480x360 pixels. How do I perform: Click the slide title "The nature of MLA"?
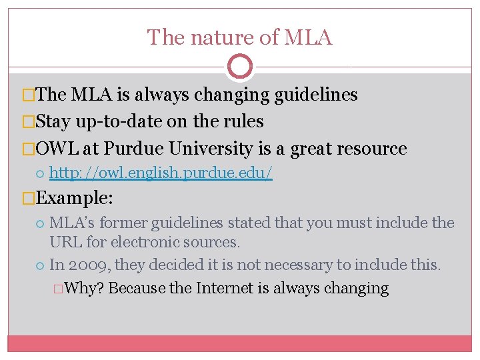coord(239,37)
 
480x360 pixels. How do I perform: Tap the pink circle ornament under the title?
coord(240,67)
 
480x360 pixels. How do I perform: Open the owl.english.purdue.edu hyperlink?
coord(161,175)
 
